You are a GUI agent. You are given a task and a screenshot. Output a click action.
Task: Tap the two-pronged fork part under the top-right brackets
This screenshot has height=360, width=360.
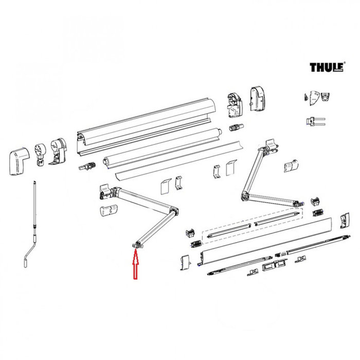pyautogui.click(x=314, y=121)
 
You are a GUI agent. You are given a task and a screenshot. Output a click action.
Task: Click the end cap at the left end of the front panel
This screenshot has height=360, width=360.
pyautogui.click(x=185, y=263)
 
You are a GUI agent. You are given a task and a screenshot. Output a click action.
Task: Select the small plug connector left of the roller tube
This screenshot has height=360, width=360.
pyautogui.click(x=86, y=167)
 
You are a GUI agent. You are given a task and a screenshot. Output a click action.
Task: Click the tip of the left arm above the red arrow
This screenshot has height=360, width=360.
pyautogui.click(x=136, y=246)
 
